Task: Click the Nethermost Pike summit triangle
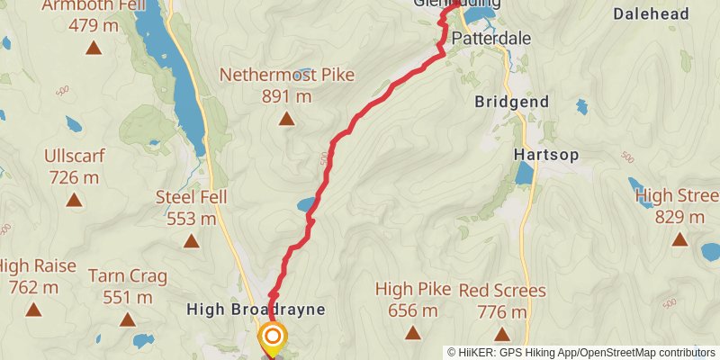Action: [286, 119]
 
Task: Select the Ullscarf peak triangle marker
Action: [74, 200]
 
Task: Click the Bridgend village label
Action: [511, 103]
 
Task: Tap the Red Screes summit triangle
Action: [502, 333]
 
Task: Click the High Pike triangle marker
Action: [413, 333]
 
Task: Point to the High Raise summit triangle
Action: [34, 310]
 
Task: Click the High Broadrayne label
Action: [255, 310]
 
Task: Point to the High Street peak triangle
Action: [679, 239]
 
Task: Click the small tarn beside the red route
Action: [306, 206]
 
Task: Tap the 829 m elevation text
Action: [679, 217]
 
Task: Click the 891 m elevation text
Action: [286, 96]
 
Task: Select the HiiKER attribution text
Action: [581, 353]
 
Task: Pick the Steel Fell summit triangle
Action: [191, 240]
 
